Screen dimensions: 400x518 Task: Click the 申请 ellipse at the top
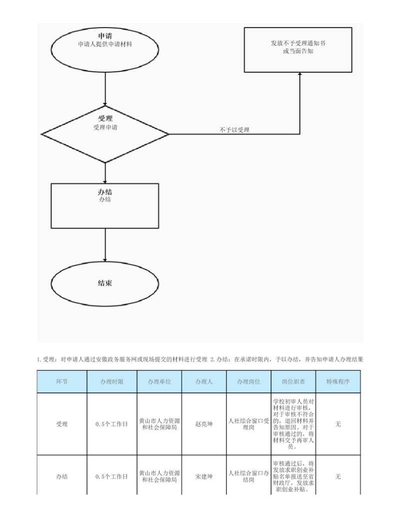coord(105,50)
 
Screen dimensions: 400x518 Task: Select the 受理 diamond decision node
coord(105,134)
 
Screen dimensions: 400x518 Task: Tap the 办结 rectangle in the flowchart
coord(105,206)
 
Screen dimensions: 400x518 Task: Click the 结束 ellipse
coord(105,284)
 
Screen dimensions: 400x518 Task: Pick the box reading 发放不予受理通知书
coord(298,50)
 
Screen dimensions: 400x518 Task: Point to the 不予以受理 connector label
coord(234,130)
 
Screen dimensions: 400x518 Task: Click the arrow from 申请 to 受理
coord(105,89)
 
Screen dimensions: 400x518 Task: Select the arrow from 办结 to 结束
coord(105,245)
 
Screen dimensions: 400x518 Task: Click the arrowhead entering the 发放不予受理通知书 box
coord(299,74)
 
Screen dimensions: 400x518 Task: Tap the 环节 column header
coord(61,381)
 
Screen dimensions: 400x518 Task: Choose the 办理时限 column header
coord(112,381)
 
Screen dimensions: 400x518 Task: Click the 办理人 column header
coord(204,381)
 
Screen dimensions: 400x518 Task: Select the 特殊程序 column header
coord(338,381)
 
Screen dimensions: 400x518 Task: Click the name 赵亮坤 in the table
coord(204,424)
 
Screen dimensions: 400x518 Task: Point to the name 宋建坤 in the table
coord(204,476)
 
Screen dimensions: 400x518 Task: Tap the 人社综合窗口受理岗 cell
coord(248,424)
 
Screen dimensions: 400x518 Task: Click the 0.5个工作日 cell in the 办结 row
coord(111,476)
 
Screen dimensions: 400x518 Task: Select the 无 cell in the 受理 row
coord(338,424)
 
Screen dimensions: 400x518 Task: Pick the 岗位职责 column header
coord(293,381)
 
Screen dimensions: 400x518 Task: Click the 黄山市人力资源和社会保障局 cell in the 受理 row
coord(159,424)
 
